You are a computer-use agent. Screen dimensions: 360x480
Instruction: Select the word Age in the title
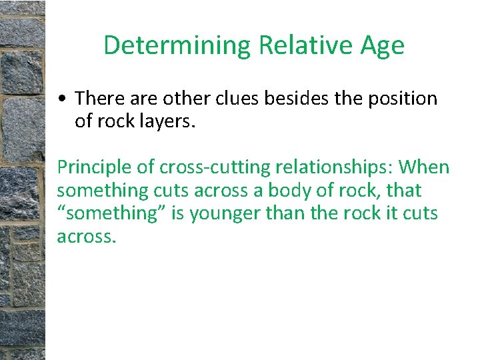381,46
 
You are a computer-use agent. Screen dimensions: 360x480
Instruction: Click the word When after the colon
424,167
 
